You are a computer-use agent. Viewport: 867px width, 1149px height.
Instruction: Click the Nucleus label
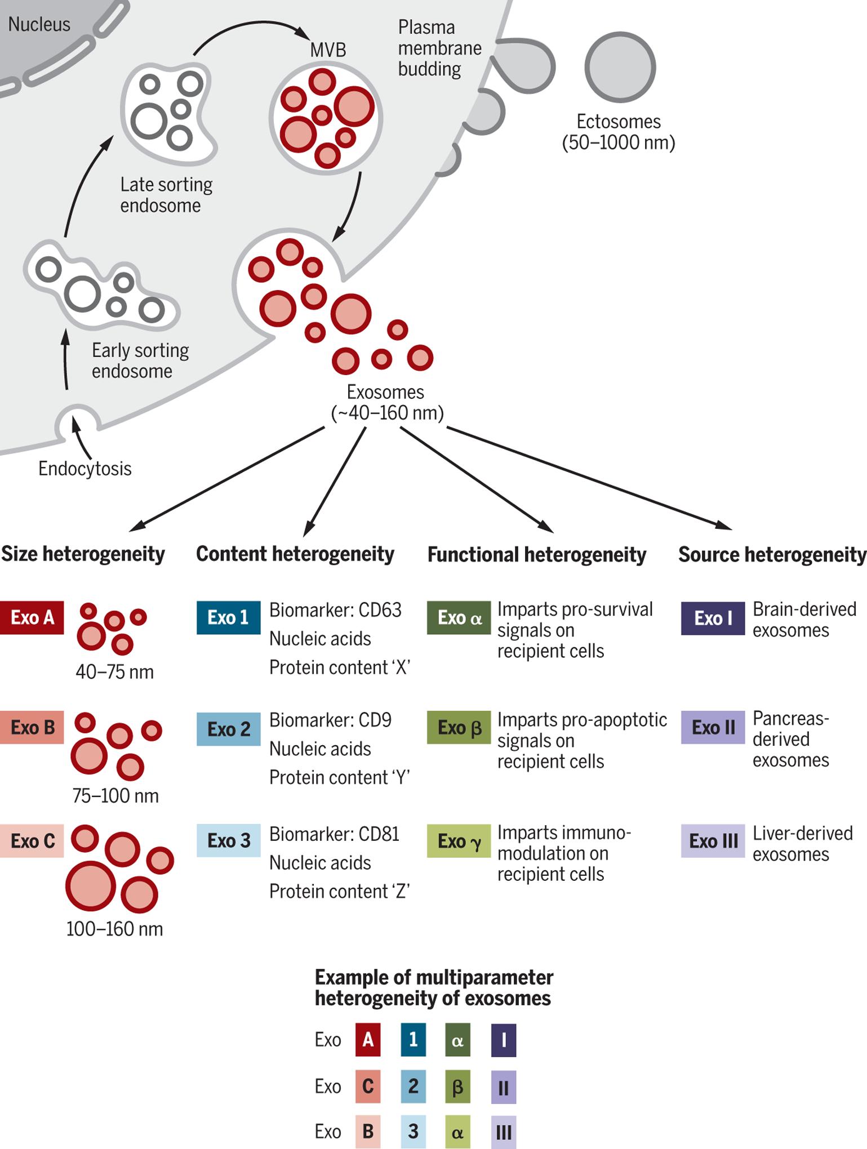(39, 24)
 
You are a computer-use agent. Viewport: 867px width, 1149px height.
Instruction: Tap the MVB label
(328, 50)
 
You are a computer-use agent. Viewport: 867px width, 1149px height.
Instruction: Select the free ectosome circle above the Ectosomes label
(620, 67)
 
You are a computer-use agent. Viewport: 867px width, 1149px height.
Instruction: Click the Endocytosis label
(85, 468)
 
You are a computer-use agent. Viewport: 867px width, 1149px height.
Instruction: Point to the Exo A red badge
(32, 617)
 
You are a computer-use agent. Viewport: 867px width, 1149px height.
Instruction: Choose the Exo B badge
(32, 727)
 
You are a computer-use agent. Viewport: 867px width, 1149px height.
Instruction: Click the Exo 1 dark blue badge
(228, 617)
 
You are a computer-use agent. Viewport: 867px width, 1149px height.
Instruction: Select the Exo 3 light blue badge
(228, 840)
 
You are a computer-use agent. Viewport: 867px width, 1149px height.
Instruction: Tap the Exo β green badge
(459, 727)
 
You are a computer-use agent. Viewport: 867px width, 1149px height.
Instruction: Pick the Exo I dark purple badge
(713, 618)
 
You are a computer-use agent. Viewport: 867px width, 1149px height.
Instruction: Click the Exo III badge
(713, 841)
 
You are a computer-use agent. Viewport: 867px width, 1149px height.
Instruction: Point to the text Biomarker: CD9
(330, 720)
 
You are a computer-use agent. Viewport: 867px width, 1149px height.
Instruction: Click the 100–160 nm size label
(114, 929)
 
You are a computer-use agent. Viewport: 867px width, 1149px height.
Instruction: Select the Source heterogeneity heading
(772, 554)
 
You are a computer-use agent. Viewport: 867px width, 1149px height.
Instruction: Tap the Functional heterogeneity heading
(537, 554)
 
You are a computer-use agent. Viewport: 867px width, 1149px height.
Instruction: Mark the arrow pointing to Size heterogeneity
(227, 479)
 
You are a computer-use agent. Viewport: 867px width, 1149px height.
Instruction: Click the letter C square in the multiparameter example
(368, 1086)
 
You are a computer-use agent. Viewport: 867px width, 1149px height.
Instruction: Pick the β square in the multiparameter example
(457, 1086)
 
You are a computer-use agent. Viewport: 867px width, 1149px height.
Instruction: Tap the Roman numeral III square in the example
(504, 1132)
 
